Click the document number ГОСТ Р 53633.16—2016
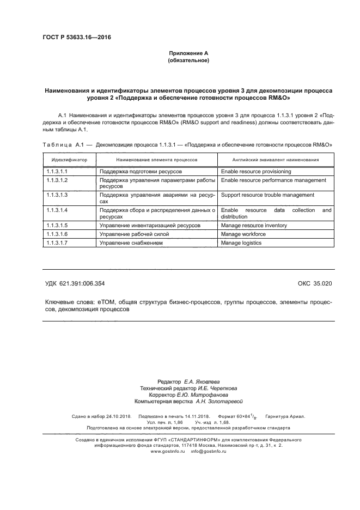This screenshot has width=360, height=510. coord(72,37)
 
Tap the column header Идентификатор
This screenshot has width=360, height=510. coord(69,160)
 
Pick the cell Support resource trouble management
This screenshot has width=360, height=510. coord(267,195)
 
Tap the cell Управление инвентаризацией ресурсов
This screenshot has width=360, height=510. coord(150,224)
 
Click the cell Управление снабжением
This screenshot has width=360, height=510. coord(131,242)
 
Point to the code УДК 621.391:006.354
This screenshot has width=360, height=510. coord(75,283)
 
